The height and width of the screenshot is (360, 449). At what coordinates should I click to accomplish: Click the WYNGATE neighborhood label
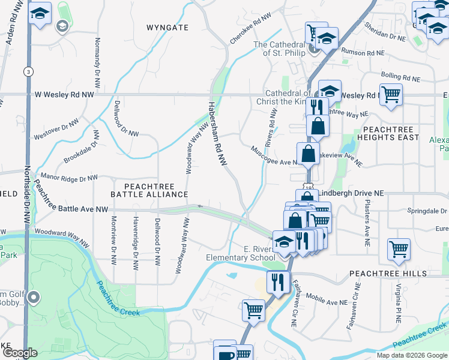(167, 28)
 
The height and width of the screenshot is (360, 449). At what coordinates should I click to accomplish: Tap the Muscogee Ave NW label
(274, 155)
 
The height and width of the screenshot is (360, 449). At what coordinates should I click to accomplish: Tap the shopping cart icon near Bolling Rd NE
(391, 94)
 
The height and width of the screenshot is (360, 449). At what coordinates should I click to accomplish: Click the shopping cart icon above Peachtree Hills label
(399, 248)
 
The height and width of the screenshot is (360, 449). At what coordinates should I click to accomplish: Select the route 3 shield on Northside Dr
(28, 71)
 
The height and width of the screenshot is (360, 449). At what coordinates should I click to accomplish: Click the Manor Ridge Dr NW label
(69, 178)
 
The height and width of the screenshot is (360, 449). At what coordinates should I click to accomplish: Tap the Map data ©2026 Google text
(411, 355)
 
